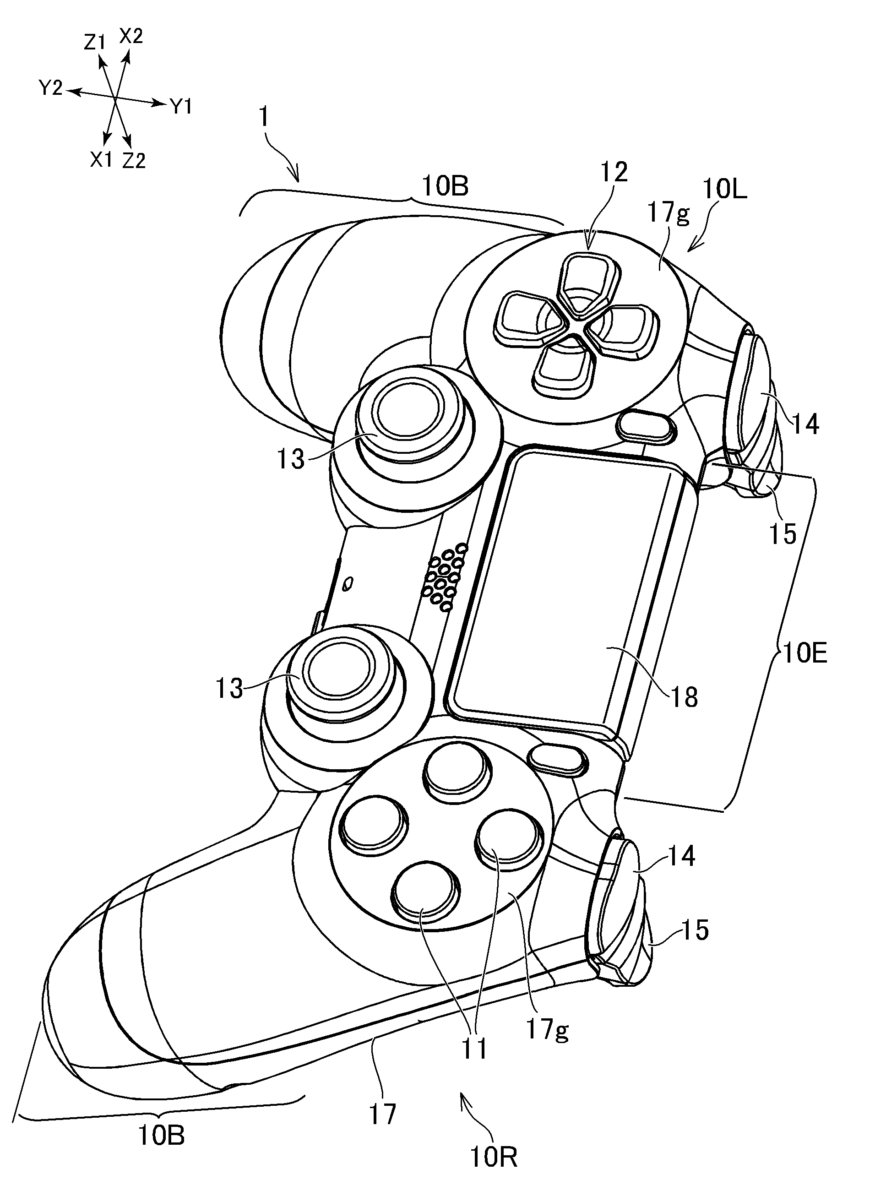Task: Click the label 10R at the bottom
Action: point(494,1156)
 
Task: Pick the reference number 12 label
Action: point(614,173)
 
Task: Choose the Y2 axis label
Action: point(50,88)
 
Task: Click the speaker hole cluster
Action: point(445,577)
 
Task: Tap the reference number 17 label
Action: point(383,1114)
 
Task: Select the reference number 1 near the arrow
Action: point(263,118)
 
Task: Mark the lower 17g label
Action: point(548,1029)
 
